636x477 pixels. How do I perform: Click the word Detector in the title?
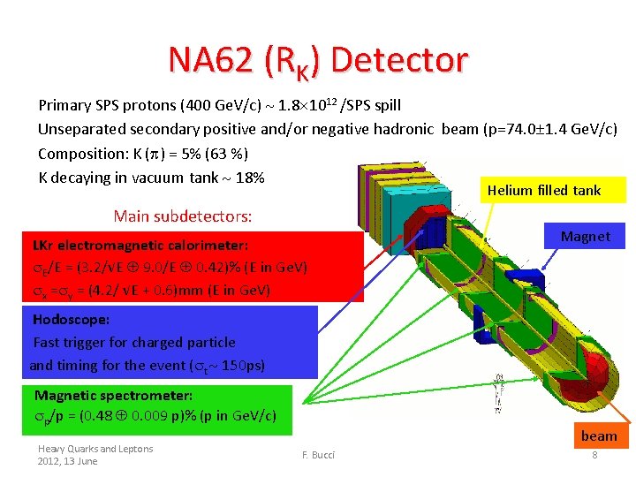pyautogui.click(x=400, y=59)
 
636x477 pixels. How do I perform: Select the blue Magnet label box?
pyautogui.click(x=586, y=236)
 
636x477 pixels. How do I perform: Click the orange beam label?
pyautogui.click(x=598, y=435)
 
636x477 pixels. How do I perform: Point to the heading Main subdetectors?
pyautogui.click(x=183, y=216)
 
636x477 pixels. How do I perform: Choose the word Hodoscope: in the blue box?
pyautogui.click(x=72, y=319)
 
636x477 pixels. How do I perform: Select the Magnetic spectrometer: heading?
pyautogui.click(x=113, y=395)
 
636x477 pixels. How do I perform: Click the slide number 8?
pyautogui.click(x=594, y=455)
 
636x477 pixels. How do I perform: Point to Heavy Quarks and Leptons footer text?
pyautogui.click(x=95, y=449)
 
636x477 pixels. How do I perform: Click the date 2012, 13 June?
pyautogui.click(x=68, y=461)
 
